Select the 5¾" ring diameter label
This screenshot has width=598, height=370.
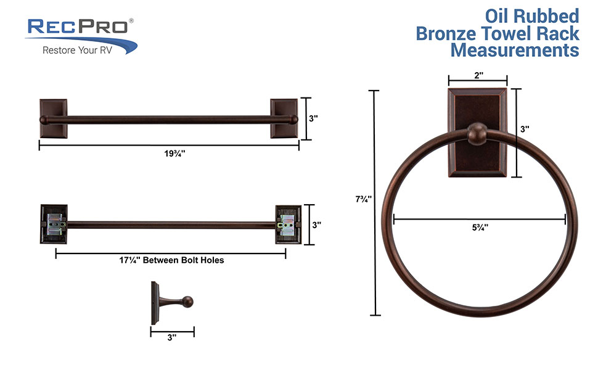(479, 227)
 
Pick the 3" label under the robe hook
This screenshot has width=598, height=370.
(172, 337)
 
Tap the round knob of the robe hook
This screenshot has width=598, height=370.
(189, 302)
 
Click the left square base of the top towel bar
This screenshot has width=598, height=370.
(53, 118)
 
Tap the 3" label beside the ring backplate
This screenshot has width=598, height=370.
(525, 129)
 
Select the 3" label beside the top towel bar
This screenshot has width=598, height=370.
(313, 119)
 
